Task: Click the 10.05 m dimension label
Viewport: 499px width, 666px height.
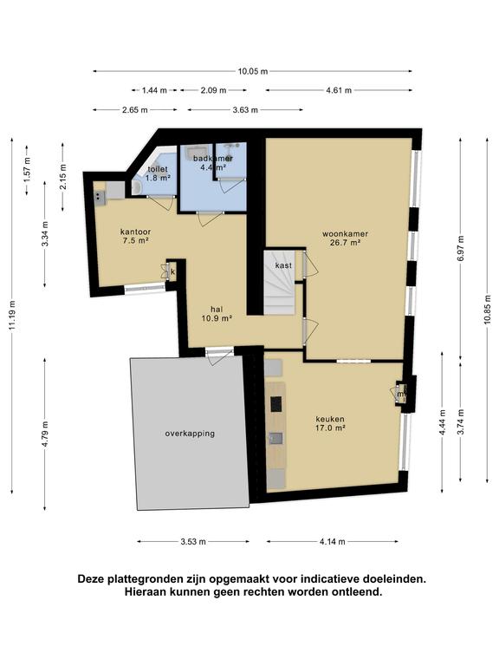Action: [x=252, y=71]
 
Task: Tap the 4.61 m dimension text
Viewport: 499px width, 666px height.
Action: [x=339, y=90]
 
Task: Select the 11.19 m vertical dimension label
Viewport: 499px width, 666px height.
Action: [x=12, y=315]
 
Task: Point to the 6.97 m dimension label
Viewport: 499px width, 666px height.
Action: [x=461, y=249]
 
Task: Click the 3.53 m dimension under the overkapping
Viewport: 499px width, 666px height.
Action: [x=193, y=541]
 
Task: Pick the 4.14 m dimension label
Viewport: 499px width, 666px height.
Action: [x=333, y=541]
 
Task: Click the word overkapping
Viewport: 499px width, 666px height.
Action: [x=190, y=434]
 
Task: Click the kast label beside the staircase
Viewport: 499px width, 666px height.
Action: [x=283, y=265]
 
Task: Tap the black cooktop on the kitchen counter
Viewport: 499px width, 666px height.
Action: [x=276, y=403]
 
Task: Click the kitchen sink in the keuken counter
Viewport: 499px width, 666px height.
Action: [x=275, y=438]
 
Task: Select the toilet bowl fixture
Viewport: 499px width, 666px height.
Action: [x=138, y=187]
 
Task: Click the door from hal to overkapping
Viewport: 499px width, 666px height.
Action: [x=219, y=355]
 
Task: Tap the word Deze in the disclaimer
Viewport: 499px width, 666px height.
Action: [x=91, y=579]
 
